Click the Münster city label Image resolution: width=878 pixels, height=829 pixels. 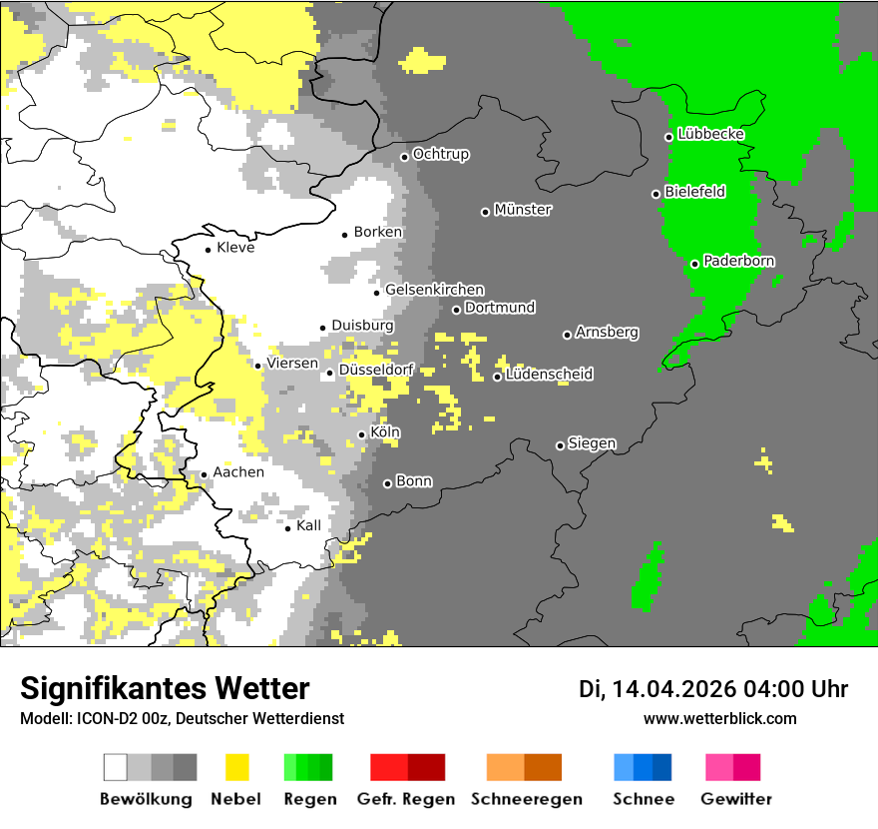click(x=523, y=210)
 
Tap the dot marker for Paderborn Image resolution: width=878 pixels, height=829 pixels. click(x=694, y=264)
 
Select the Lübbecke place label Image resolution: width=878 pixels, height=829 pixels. click(x=710, y=134)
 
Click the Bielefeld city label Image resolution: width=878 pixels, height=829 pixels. click(x=694, y=192)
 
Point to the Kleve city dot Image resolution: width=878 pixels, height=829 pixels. click(x=208, y=250)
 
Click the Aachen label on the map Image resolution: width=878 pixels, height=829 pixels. click(x=238, y=472)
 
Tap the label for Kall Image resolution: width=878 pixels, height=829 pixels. click(x=308, y=525)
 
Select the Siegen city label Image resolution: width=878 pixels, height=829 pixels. click(x=592, y=443)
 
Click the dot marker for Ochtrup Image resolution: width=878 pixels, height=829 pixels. click(x=404, y=156)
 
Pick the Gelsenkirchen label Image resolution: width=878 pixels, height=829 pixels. click(x=434, y=290)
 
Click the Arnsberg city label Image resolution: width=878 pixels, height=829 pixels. click(x=607, y=332)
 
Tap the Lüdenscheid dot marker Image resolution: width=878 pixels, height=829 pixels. click(x=497, y=377)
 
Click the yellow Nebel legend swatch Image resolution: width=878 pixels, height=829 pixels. click(x=237, y=767)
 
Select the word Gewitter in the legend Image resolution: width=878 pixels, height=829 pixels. click(x=735, y=799)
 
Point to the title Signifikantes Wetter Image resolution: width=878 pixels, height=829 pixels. click(x=165, y=689)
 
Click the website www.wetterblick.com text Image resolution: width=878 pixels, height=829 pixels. click(x=719, y=718)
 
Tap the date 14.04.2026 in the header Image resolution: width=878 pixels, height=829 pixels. click(x=673, y=689)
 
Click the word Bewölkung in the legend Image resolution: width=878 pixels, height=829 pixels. click(x=146, y=799)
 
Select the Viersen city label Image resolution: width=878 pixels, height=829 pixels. click(x=291, y=364)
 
